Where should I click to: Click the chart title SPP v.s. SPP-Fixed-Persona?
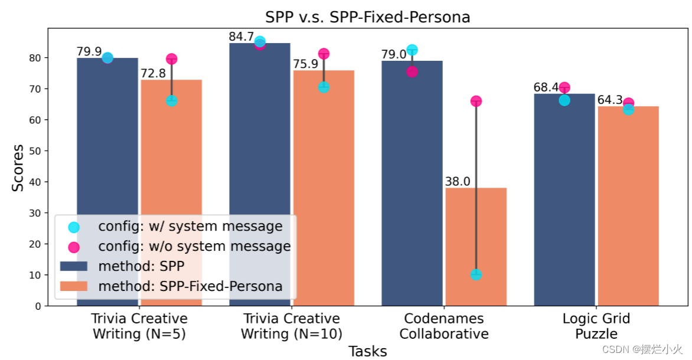pyautogui.click(x=367, y=17)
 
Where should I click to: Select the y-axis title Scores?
pyautogui.click(x=18, y=168)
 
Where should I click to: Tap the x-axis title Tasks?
pyautogui.click(x=367, y=352)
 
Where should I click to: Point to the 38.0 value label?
pyautogui.click(x=458, y=182)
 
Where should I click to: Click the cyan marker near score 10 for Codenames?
pyautogui.click(x=476, y=274)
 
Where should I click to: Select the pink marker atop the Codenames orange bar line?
pyautogui.click(x=476, y=101)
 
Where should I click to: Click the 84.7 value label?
pyautogui.click(x=241, y=37)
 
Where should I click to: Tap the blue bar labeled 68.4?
pyautogui.click(x=564, y=201)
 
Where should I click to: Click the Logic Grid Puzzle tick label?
pyautogui.click(x=596, y=326)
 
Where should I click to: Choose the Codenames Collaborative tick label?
pyautogui.click(x=444, y=326)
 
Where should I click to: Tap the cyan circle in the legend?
pyautogui.click(x=74, y=227)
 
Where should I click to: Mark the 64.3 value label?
pyautogui.click(x=610, y=100)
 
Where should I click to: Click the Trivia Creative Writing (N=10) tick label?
pyautogui.click(x=291, y=326)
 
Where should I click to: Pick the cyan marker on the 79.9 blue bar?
pyautogui.click(x=107, y=58)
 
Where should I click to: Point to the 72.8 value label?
pyautogui.click(x=153, y=74)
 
